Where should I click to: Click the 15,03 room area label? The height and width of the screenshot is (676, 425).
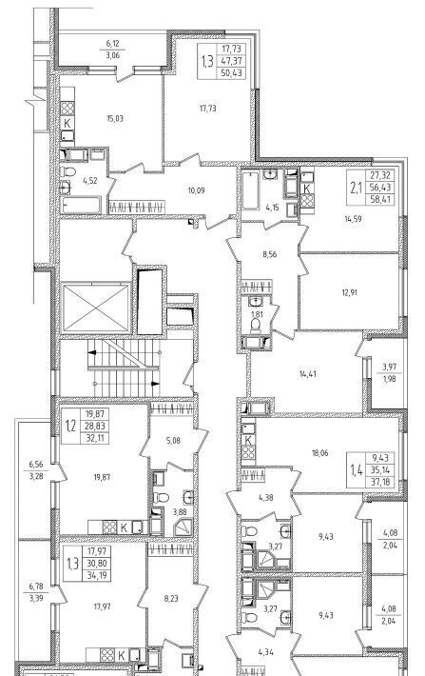point(114,119)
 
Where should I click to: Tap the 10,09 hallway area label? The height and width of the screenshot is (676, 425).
point(197,190)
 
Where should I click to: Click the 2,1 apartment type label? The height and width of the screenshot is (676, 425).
point(356,188)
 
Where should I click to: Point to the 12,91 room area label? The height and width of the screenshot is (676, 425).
point(350,292)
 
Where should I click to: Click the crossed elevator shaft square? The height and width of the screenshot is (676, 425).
point(96,308)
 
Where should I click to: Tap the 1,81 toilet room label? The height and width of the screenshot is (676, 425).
point(256,313)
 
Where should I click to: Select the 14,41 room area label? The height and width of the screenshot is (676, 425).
point(308,374)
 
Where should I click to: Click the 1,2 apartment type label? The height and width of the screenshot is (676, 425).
point(70,426)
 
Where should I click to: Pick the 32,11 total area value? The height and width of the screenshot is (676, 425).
point(96,438)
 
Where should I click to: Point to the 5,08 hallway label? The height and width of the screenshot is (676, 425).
point(173,441)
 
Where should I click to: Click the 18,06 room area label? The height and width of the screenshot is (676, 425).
point(319,453)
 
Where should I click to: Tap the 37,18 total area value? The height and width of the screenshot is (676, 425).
point(380,481)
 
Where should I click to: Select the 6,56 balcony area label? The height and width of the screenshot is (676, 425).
point(36,465)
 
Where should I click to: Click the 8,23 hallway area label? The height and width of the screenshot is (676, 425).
point(171,598)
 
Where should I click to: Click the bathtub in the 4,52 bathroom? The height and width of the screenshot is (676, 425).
point(81,205)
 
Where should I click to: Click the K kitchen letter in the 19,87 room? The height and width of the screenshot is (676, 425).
point(124,527)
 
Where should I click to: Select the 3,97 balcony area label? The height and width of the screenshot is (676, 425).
point(389,368)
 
